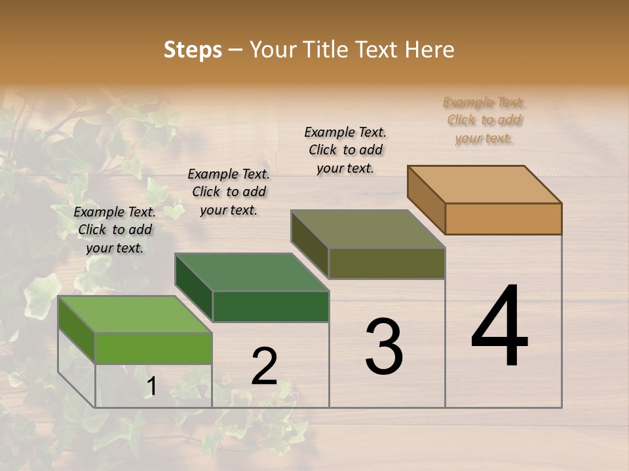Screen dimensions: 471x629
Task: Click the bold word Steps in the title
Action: pos(193,50)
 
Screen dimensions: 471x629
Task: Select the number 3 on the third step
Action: pos(384,347)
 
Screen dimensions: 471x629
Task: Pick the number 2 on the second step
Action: pos(265,366)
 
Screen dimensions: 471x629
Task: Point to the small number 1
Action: pos(151,387)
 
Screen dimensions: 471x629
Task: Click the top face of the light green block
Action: pos(135,314)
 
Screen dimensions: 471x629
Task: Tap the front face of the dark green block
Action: pos(271,306)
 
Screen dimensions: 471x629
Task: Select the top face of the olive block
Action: pos(368,229)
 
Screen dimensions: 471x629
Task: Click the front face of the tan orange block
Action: pos(503,218)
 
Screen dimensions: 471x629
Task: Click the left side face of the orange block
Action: pos(426,199)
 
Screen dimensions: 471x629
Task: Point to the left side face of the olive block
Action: pos(309,243)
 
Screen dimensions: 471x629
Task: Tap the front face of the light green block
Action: pos(153,348)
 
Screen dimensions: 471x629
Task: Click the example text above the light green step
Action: pos(115,230)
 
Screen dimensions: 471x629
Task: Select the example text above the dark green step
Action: pos(229,192)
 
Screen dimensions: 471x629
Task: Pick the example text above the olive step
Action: pos(345,150)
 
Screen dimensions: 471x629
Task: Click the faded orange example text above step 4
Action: pos(484,120)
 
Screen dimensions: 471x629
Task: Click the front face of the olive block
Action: pos(387,263)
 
